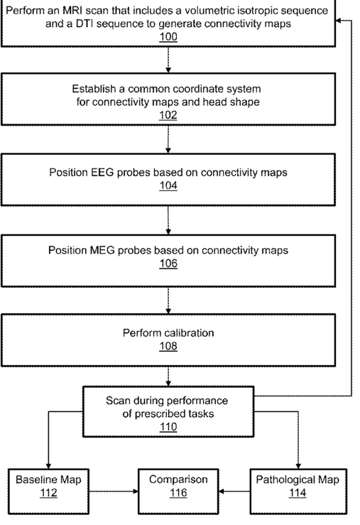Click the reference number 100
pos(168,36)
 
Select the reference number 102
pos(168,115)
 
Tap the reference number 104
pos(168,185)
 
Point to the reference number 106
pos(168,264)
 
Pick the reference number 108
pos(168,346)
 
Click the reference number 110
pos(168,427)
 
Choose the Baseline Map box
pos(48,491)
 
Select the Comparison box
pos(178,491)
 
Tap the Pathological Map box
pos(298,491)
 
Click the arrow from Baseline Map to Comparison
pos(114,491)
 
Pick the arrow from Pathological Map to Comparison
pos(234,491)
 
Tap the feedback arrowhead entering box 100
pos(338,21)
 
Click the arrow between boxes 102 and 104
pos(168,139)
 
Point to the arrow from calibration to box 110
pos(168,377)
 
